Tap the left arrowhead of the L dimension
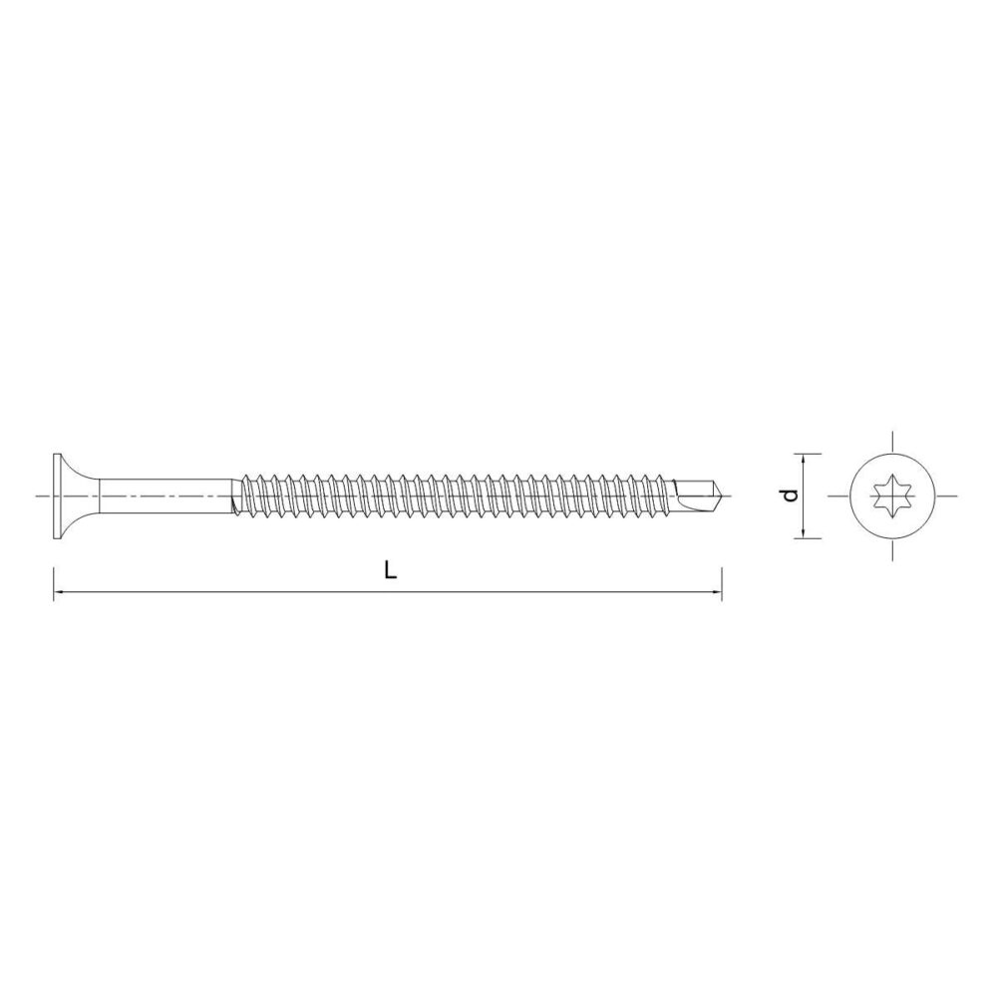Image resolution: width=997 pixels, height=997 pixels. (x=58, y=592)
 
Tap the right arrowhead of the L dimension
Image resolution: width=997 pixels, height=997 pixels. (x=717, y=592)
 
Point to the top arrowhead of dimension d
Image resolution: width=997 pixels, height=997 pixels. (x=804, y=459)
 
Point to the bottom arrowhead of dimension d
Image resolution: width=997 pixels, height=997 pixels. (x=804, y=532)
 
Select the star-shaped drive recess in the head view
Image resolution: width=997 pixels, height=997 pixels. (x=891, y=496)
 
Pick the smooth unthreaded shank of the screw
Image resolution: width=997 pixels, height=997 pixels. (x=166, y=496)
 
